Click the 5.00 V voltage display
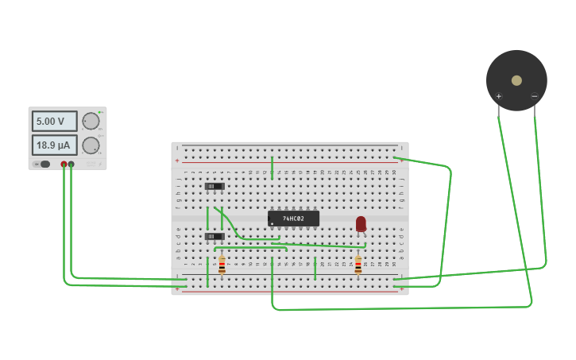point(54,122)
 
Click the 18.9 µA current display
point(54,145)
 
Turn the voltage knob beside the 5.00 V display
point(91,122)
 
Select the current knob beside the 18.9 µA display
point(91,145)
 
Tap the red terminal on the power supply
point(64,165)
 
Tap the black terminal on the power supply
point(72,165)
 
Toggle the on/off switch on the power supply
point(44,165)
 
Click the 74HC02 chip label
point(293,219)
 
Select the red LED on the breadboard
point(361,224)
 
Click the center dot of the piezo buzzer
point(516,80)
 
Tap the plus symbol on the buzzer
point(499,97)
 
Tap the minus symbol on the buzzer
point(534,97)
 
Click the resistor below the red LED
point(358,265)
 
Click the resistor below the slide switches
point(222,265)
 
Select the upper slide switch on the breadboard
point(214,187)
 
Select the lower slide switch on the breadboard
point(214,236)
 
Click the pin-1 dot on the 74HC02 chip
point(272,223)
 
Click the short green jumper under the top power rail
point(272,167)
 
